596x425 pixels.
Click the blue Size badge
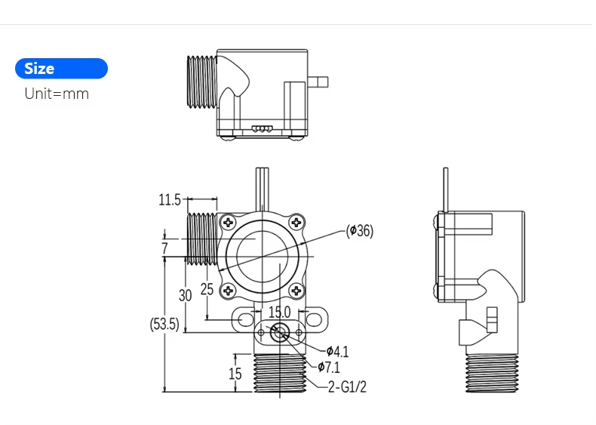61,69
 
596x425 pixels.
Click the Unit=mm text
57,94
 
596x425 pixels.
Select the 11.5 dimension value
170,200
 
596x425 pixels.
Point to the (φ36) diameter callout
360,231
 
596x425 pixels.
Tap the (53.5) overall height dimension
164,325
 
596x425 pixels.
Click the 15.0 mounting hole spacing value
280,312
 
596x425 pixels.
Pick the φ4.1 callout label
337,351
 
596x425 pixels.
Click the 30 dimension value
185,294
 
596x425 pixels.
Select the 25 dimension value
207,290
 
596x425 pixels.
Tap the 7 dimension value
164,248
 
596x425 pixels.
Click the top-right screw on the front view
297,222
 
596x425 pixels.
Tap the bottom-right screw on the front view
297,289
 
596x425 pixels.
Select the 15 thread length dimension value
235,374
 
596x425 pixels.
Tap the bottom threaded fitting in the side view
492,374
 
